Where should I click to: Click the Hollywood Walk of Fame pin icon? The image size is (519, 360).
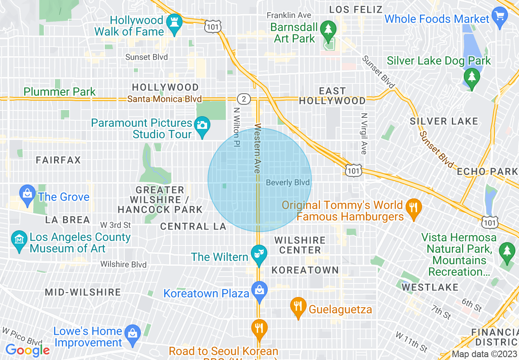(175, 22)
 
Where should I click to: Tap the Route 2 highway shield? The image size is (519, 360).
(244, 99)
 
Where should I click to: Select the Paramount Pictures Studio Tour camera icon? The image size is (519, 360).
(202, 125)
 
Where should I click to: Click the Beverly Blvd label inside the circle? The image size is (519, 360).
(288, 182)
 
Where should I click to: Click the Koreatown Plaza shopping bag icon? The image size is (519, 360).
(259, 290)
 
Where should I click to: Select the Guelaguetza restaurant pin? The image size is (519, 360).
(298, 306)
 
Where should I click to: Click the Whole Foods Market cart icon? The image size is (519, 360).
(499, 17)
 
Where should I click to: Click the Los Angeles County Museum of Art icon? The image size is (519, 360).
(19, 238)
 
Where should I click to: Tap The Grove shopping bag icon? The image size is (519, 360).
(27, 193)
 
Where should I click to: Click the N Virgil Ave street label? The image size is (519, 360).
(364, 133)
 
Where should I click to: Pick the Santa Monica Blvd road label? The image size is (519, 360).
(164, 99)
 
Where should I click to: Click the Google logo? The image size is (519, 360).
(28, 350)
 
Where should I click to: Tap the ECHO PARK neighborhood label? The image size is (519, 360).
(487, 171)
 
